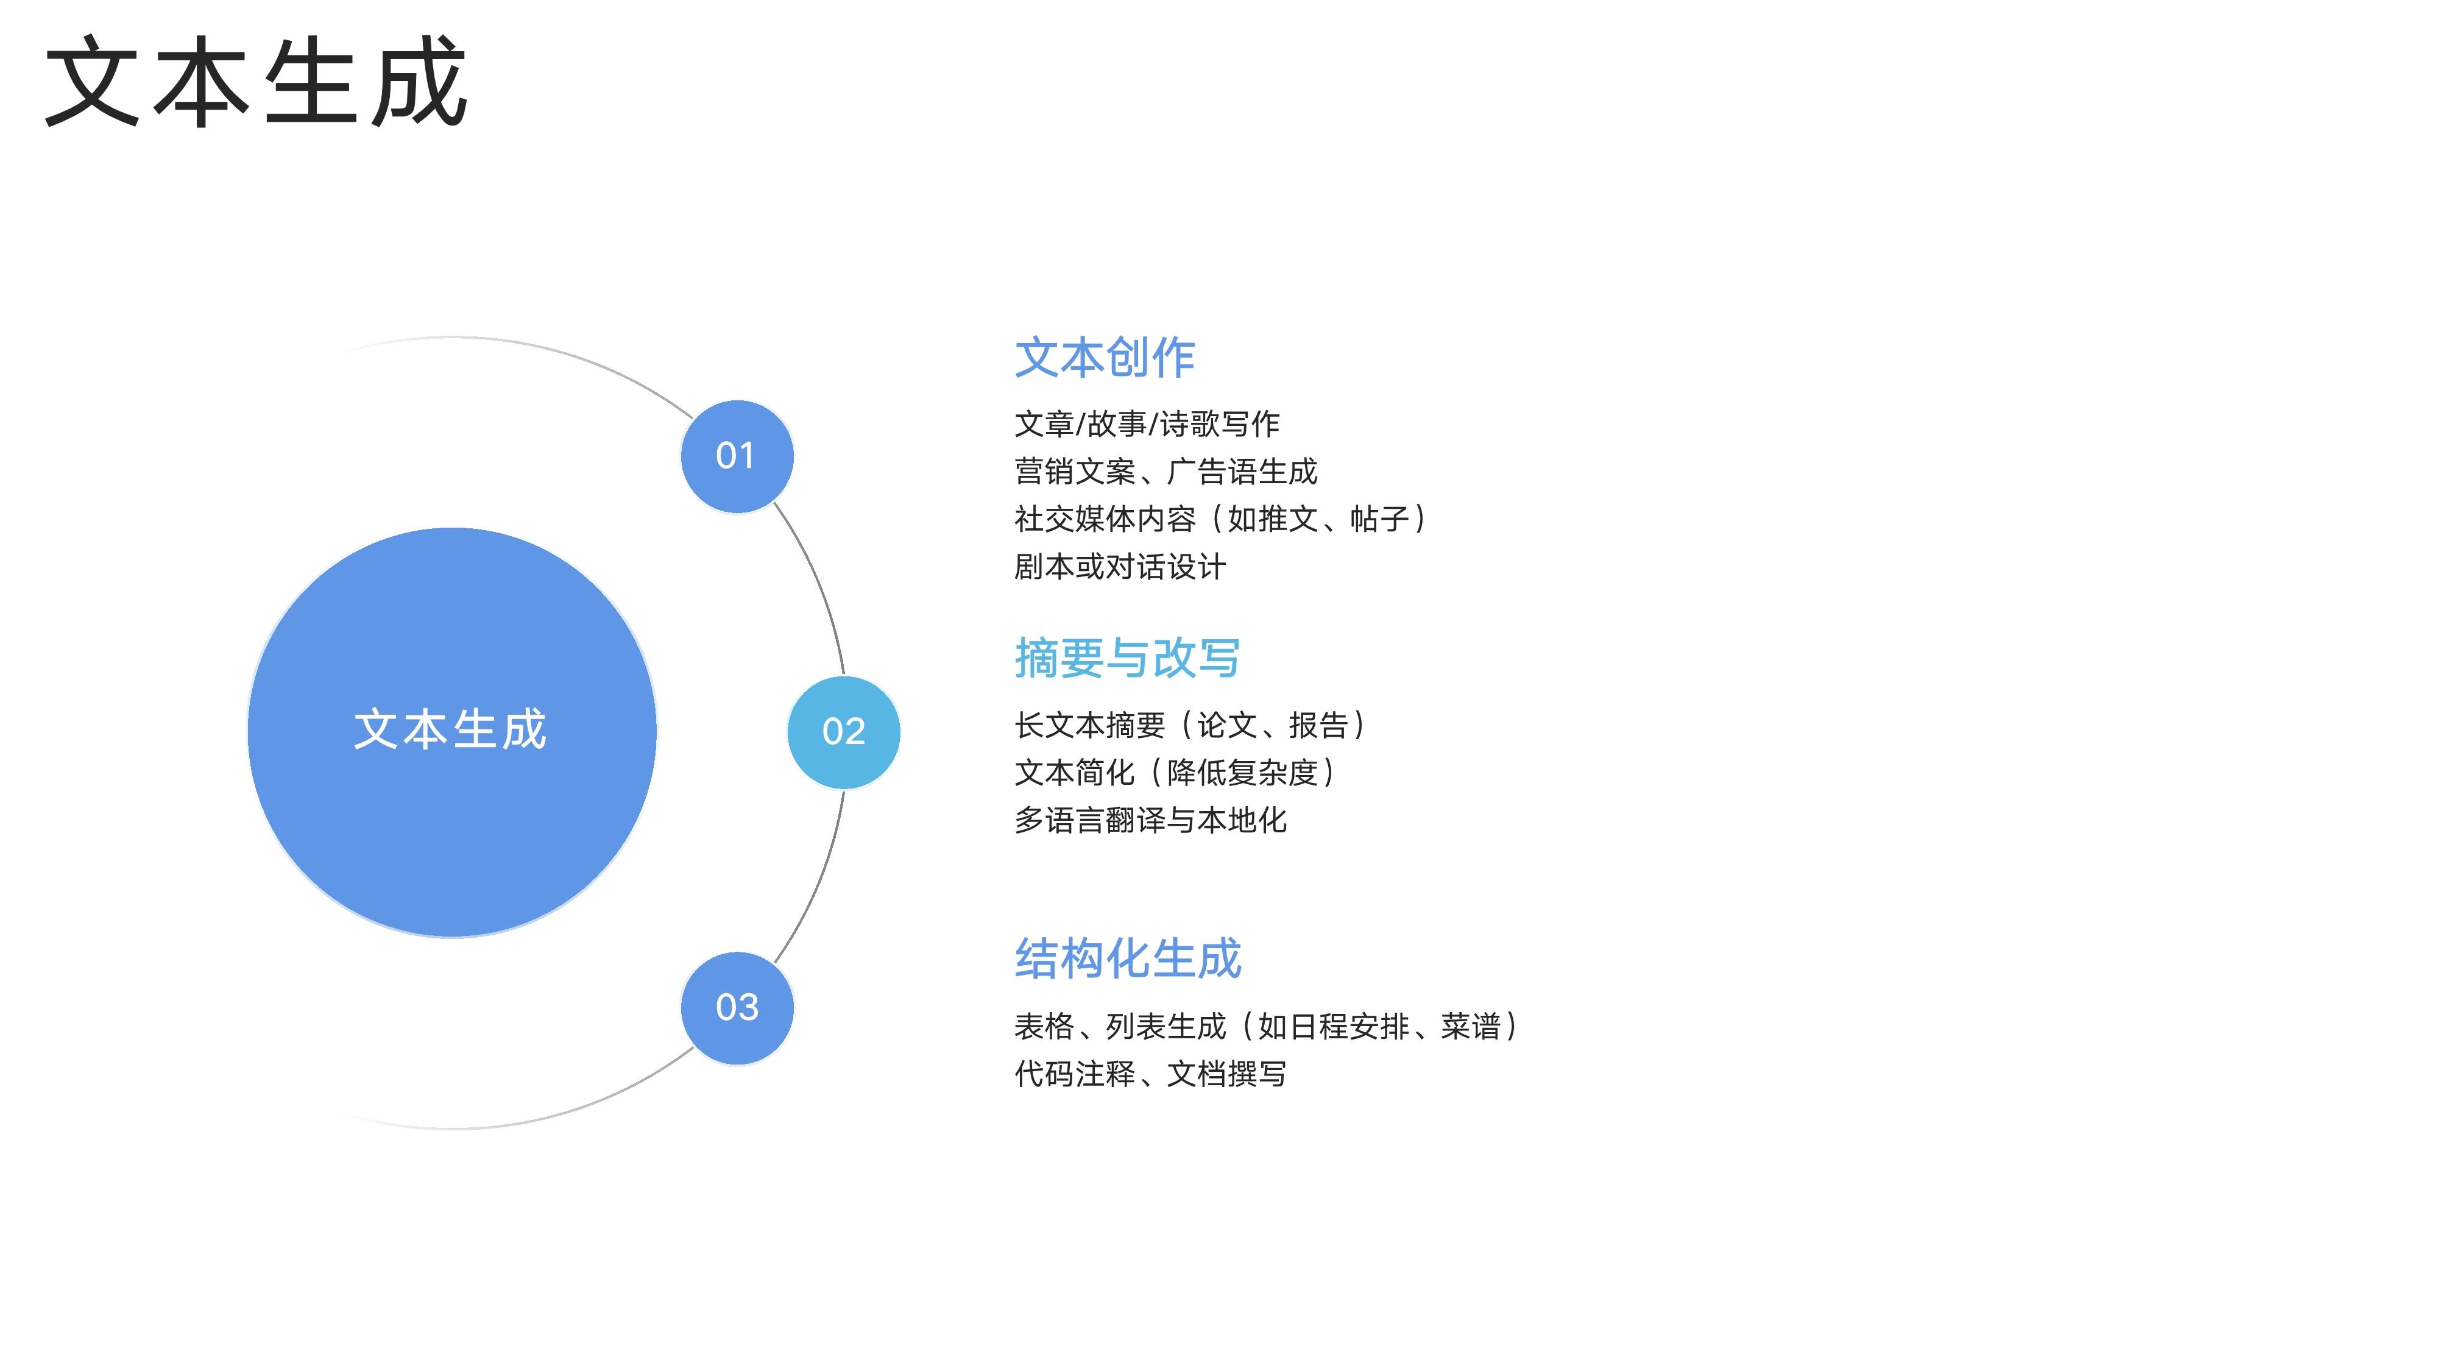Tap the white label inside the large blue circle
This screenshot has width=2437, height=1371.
click(450, 729)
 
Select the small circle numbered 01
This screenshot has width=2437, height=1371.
click(737, 456)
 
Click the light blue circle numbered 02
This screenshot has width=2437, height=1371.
click(843, 731)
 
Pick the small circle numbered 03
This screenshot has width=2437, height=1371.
click(737, 1008)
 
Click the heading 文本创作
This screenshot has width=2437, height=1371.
click(1105, 358)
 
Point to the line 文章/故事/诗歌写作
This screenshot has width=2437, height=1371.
click(1147, 424)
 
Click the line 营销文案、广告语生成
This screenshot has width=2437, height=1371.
click(1165, 471)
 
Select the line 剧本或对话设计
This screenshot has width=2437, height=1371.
click(1120, 567)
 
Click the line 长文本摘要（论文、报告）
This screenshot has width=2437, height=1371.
click(1190, 724)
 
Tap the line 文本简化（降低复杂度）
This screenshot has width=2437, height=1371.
click(1175, 772)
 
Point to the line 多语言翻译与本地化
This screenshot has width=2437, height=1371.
click(1150, 820)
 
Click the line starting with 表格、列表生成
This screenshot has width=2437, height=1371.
click(1267, 1026)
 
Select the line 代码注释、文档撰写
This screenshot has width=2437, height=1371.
click(1150, 1074)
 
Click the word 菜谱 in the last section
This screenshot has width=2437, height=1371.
click(1471, 1026)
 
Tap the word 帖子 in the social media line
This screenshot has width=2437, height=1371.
click(1381, 519)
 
